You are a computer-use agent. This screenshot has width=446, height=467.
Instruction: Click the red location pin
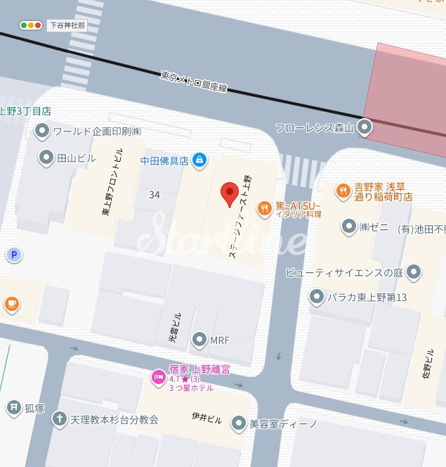(229, 193)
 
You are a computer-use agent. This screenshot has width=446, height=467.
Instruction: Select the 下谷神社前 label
(67, 25)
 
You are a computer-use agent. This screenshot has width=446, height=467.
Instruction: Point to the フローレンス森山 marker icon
(365, 128)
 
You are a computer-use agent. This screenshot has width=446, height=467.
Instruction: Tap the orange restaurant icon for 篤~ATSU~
(265, 207)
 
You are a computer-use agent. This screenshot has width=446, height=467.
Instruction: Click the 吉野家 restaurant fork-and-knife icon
(343, 189)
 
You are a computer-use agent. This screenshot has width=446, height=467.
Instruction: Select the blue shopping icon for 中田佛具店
(199, 160)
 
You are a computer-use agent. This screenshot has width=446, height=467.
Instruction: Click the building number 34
(155, 194)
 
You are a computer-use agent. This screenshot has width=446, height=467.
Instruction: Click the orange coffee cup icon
(11, 304)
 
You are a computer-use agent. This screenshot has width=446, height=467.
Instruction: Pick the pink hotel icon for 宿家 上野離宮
(158, 378)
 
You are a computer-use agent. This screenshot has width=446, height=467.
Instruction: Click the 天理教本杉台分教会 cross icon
(60, 419)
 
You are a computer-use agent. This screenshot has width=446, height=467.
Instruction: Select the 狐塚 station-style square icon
(13, 407)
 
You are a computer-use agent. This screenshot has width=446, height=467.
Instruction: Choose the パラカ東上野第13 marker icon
(317, 297)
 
